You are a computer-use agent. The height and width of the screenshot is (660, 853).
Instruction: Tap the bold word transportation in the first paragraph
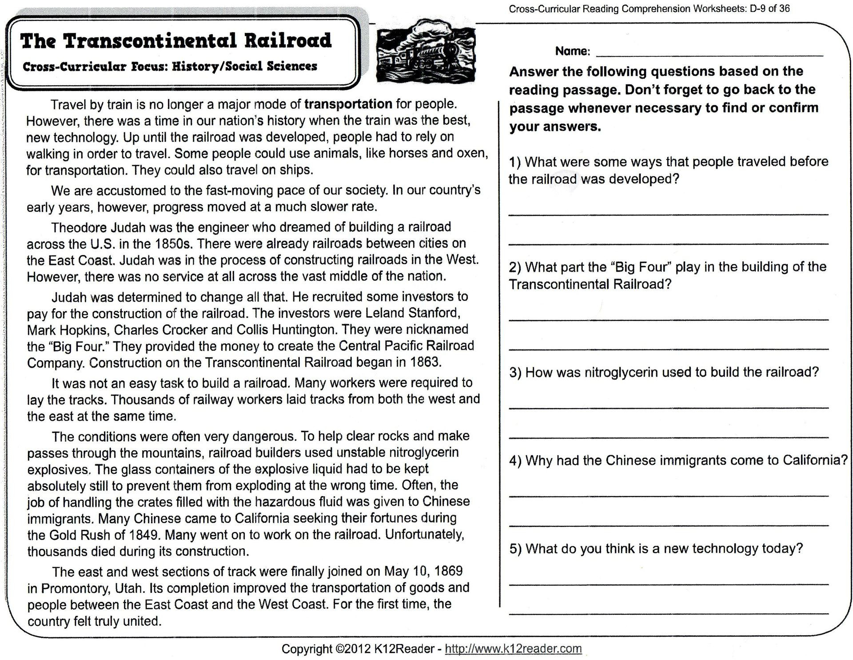(x=348, y=104)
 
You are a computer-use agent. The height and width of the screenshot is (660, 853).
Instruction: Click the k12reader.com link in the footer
(x=513, y=648)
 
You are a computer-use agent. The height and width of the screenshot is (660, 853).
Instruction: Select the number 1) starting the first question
(x=515, y=162)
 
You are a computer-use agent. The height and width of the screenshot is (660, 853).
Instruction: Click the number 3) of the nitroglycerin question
(x=515, y=372)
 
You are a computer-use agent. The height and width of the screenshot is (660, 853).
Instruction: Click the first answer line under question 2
(x=668, y=319)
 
